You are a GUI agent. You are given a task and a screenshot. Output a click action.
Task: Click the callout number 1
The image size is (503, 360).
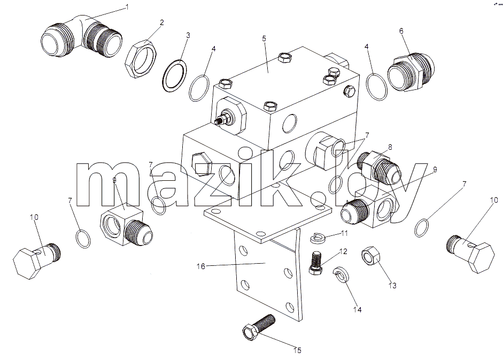[127, 7]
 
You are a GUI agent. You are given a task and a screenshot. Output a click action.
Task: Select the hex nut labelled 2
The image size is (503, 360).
[140, 58]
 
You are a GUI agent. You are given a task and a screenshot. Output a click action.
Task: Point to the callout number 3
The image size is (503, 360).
[188, 35]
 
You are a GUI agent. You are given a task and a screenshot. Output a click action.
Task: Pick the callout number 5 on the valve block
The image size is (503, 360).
[264, 39]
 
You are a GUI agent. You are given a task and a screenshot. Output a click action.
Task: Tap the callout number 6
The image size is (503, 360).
[401, 31]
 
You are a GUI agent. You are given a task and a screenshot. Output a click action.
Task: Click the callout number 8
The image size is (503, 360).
[390, 147]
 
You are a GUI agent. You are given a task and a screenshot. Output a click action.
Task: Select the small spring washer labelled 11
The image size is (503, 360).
[318, 238]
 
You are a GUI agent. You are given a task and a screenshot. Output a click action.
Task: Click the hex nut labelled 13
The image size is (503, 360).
[371, 255]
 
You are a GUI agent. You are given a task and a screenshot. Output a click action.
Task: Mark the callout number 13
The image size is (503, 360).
[393, 285]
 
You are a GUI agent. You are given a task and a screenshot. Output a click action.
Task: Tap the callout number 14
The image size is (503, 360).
[358, 310]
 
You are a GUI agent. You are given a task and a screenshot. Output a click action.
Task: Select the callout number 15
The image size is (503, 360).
[297, 350]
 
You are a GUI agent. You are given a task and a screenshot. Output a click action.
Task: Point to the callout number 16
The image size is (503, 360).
[201, 266]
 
